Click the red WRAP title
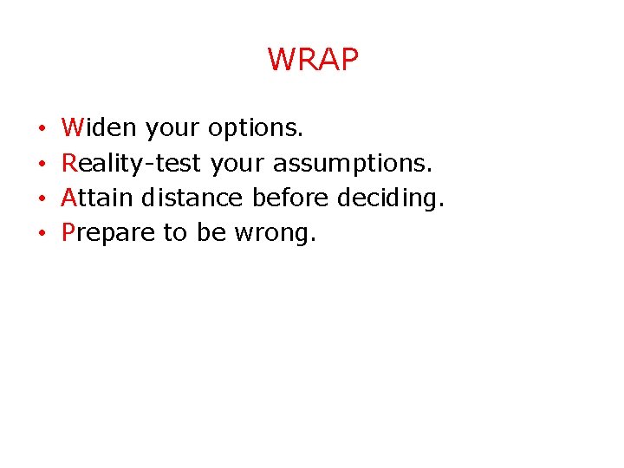312,60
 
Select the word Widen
99,128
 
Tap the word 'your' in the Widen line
172,129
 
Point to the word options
256,129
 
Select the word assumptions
352,164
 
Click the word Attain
97,198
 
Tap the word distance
192,198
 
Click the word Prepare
108,232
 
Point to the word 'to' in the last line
174,232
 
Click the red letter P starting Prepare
68,232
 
